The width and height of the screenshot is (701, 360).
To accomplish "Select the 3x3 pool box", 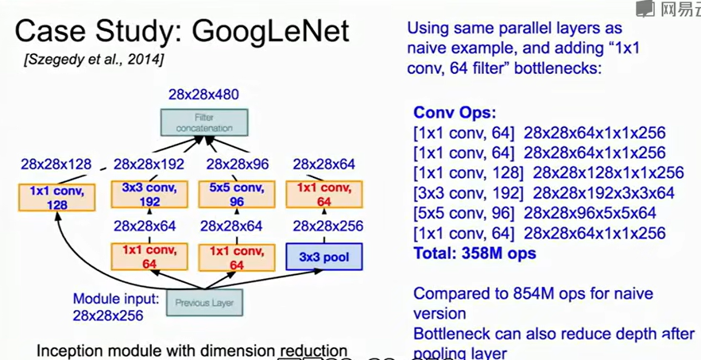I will point(323,257).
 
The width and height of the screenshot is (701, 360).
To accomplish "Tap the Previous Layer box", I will point(205,303).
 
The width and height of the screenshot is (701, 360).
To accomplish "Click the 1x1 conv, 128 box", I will point(56,197).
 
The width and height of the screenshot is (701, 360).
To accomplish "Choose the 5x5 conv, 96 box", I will point(237,195).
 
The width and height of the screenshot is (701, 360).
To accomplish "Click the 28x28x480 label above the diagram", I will point(203,95).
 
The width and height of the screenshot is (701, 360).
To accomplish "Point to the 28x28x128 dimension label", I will point(56,165).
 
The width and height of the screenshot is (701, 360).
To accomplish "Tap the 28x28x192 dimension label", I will point(149,165).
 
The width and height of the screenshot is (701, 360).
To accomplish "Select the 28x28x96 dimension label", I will point(238,165).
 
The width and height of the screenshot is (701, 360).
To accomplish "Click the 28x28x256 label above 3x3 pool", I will point(327,226).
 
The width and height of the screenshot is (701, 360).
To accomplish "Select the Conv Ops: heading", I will point(455,112).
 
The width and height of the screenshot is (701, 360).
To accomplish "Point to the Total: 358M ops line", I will point(474,254).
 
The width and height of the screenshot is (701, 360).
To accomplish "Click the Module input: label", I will point(116,300).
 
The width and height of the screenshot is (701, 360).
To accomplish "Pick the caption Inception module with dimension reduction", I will point(192,350).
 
